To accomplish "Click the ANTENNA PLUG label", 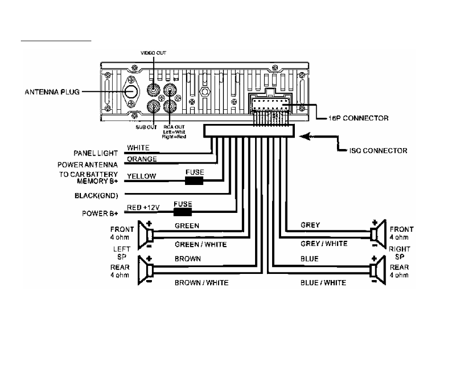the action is pyautogui.click(x=52, y=92).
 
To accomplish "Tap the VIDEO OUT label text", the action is pyautogui.click(x=153, y=53).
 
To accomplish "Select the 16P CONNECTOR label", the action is pyautogui.click(x=358, y=118).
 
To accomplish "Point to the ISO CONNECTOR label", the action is pyautogui.click(x=378, y=151).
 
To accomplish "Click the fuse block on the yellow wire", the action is pyautogui.click(x=194, y=181).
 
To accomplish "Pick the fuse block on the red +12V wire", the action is pyautogui.click(x=183, y=212).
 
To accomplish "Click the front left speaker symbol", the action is pyautogui.click(x=146, y=235).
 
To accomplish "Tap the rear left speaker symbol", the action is pyautogui.click(x=146, y=270).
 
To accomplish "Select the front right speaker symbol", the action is pyautogui.click(x=378, y=234).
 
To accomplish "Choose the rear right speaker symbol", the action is pyautogui.click(x=378, y=270).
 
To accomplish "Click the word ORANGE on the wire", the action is pyautogui.click(x=142, y=159).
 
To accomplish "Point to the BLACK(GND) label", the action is pyautogui.click(x=97, y=196).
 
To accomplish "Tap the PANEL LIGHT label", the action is pyautogui.click(x=96, y=153).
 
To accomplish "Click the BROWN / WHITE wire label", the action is pyautogui.click(x=202, y=283).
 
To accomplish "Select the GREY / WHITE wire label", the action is pyautogui.click(x=324, y=244).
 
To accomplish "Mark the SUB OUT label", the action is pyautogui.click(x=146, y=127).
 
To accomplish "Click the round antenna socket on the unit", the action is pyautogui.click(x=131, y=92).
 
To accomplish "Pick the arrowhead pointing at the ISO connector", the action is pyautogui.click(x=305, y=136).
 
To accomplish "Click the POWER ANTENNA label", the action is pyautogui.click(x=88, y=165).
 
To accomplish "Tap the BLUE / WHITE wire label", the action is pyautogui.click(x=323, y=283).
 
